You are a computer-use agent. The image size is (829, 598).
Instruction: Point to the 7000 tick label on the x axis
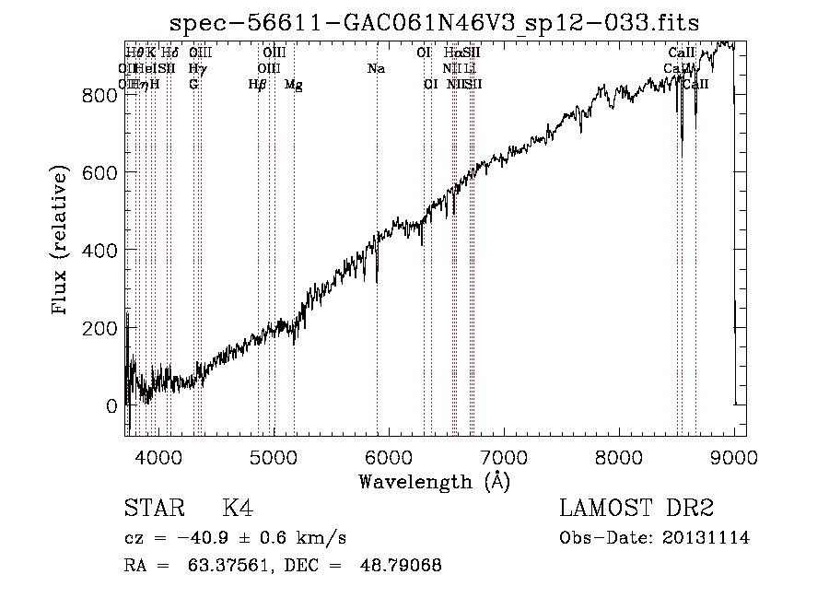504,456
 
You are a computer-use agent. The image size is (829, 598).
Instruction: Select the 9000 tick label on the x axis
734,456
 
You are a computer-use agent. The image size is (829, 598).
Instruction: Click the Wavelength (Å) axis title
434,482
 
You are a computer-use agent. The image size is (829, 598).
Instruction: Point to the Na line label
376,68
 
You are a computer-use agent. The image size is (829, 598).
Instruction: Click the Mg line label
294,85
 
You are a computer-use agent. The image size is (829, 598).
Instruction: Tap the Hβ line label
257,84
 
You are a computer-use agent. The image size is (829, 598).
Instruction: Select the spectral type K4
237,509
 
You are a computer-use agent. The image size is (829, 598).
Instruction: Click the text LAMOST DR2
636,509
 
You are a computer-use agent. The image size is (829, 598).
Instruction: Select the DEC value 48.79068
402,566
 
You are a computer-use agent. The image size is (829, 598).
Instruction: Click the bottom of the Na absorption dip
377,282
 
